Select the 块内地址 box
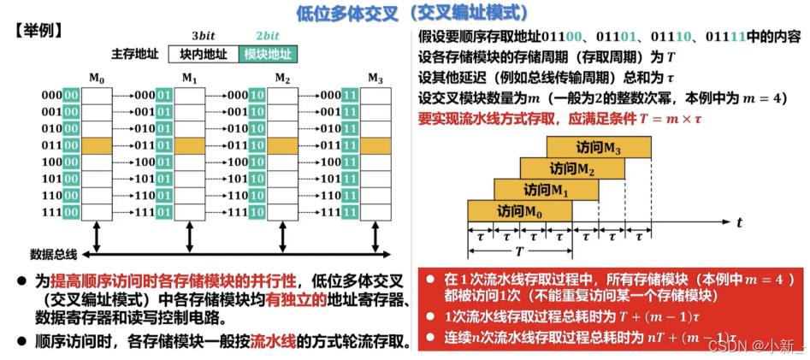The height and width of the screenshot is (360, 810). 204,54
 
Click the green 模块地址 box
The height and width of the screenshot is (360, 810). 268,54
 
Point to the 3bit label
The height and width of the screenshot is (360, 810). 203,36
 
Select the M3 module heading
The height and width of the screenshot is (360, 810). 375,78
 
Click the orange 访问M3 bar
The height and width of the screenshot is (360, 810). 599,148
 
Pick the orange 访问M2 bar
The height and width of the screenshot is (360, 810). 572,168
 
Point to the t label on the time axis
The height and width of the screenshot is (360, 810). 739,222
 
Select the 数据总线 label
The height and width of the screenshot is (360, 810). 54,254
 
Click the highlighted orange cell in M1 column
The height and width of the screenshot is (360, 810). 190,145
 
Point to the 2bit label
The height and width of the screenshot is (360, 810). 268,36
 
